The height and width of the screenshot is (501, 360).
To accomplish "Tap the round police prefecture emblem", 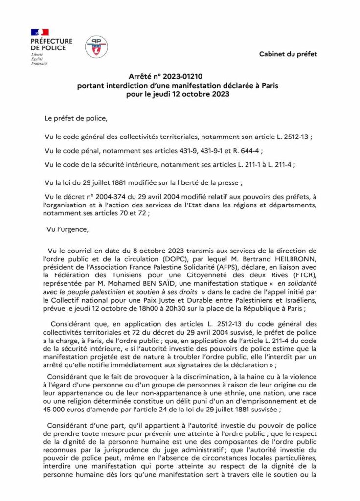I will (x=96, y=47).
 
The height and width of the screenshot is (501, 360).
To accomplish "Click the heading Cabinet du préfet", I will (x=288, y=54).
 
